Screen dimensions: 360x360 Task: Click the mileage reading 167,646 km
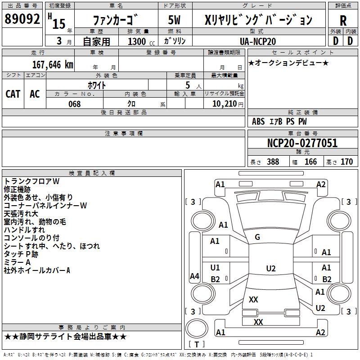(x=53, y=64)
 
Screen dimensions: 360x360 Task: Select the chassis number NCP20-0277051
(x=302, y=144)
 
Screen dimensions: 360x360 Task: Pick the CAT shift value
(x=13, y=94)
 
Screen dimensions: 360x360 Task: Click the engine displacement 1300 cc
(x=140, y=41)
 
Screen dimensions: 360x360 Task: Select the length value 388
(x=273, y=162)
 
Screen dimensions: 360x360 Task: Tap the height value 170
(x=346, y=162)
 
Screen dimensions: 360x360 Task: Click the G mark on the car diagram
(x=257, y=237)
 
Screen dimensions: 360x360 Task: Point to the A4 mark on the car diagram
(x=194, y=276)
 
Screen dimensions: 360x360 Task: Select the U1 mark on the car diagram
(x=215, y=268)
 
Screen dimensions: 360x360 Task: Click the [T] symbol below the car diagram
(x=196, y=345)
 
